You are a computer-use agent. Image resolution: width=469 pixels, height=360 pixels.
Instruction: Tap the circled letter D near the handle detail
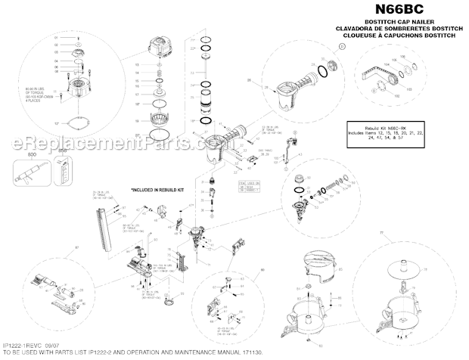[340, 46]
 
